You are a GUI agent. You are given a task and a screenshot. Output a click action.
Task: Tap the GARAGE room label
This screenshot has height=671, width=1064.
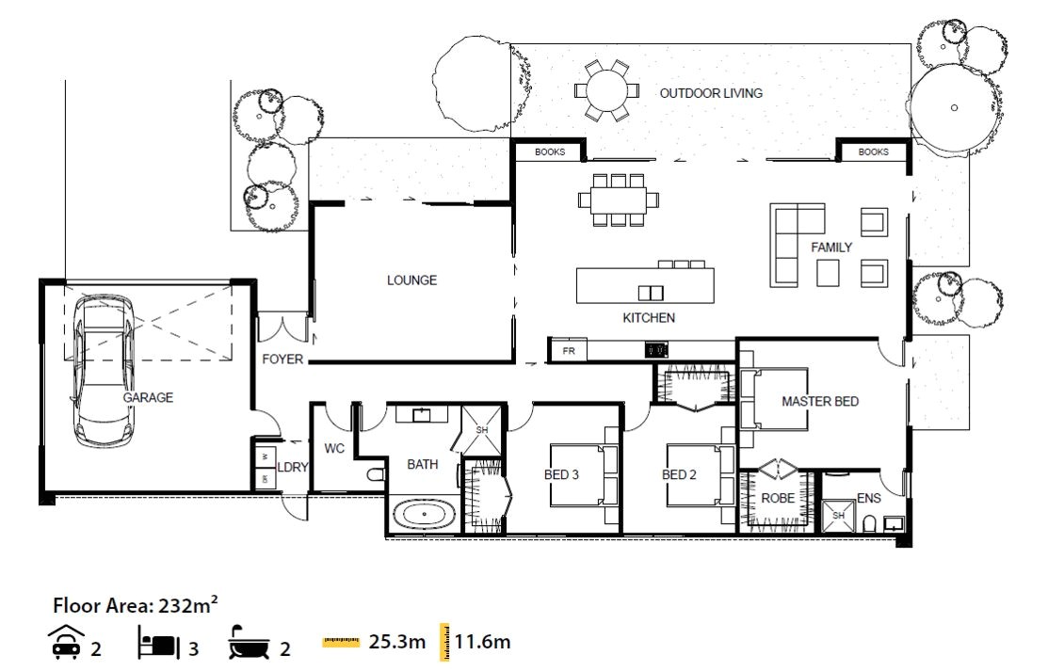coord(148,398)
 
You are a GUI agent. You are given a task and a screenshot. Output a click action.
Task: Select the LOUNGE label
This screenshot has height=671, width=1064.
coord(411,280)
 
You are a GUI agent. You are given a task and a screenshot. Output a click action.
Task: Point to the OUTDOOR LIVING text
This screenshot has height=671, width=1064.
coord(710,93)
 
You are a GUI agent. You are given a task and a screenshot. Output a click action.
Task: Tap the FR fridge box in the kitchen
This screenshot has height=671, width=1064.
coord(568,351)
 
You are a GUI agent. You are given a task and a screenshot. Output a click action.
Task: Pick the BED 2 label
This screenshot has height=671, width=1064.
coord(680,474)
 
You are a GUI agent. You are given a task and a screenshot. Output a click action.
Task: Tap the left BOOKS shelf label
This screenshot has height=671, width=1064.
coord(550,152)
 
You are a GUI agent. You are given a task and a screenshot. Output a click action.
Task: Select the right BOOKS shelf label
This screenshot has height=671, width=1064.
coord(873,152)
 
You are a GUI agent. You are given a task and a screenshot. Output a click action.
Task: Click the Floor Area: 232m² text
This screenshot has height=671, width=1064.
coord(136,604)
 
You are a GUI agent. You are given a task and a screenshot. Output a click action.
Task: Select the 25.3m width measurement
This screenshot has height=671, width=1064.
coord(396,643)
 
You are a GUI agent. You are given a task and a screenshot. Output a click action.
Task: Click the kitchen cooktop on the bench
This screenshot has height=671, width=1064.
coord(656,350)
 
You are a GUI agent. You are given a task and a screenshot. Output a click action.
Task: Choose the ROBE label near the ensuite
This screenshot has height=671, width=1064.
coord(778,498)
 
